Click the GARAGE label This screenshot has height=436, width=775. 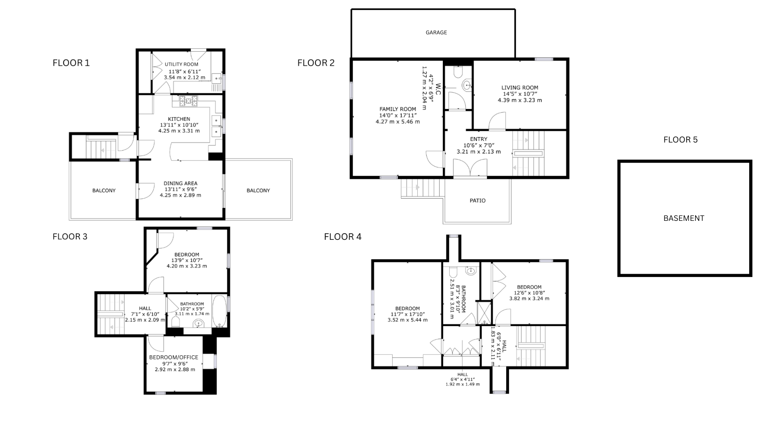436,32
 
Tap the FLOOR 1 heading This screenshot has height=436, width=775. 71,63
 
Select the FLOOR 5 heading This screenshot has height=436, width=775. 681,140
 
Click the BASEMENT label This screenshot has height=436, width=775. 684,218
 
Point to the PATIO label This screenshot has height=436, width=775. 478,201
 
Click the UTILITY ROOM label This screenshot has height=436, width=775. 181,64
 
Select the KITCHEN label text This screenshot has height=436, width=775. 179,119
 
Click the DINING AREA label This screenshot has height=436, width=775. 180,183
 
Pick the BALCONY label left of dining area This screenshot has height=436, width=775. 104,191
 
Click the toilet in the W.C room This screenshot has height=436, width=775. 458,72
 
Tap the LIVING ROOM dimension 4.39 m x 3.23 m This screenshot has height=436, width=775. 519,100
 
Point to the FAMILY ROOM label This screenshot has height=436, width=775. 398,109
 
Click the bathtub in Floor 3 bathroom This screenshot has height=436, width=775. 219,311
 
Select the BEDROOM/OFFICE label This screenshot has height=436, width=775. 174,357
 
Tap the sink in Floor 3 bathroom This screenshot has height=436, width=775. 199,323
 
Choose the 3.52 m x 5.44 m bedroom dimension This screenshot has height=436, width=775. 407,320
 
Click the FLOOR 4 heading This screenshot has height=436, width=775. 343,237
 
